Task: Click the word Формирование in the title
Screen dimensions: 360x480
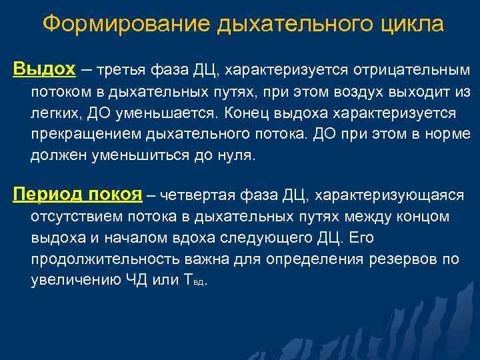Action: coord(125,24)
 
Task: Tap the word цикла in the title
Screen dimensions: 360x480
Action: coord(411,24)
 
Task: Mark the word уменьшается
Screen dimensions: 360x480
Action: coord(159,113)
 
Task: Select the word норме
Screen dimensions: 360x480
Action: coord(449,134)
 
